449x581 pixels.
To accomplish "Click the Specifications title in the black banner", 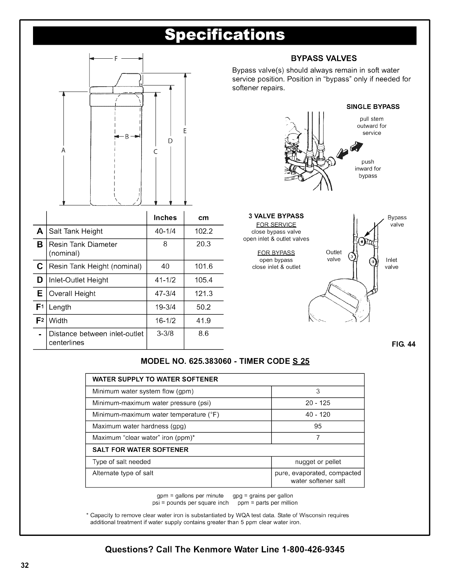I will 224,35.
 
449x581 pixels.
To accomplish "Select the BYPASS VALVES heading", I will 324,59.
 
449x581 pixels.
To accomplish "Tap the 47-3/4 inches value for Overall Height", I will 165,294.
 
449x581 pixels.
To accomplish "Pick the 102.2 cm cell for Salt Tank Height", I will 204,231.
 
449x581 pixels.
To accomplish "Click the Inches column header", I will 165,218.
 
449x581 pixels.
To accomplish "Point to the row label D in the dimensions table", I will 40,280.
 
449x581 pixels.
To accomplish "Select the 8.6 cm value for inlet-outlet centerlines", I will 204,334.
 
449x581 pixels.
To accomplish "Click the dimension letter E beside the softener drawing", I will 185,131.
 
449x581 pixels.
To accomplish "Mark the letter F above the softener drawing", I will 116,59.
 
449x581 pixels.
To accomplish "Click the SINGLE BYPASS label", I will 373,107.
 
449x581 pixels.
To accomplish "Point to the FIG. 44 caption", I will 406,344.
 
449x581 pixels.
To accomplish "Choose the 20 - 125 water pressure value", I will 318,403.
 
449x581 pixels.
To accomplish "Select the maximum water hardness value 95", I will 318,426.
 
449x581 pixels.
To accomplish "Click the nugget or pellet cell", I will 318,462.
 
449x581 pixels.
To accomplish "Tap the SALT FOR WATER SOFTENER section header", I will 140,450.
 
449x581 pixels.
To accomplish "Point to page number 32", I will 25,565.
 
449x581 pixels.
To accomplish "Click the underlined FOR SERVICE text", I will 276,225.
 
